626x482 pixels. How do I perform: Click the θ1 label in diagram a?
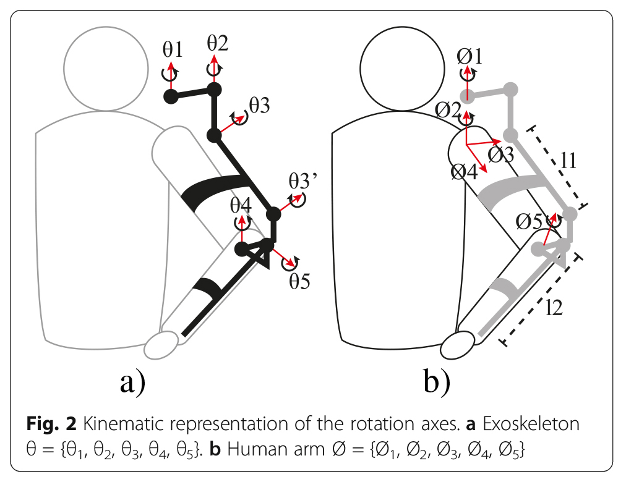[x=173, y=49]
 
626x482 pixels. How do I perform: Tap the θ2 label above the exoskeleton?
[x=217, y=43]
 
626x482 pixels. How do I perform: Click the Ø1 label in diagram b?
[x=469, y=56]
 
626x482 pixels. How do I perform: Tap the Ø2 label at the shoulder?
[x=448, y=109]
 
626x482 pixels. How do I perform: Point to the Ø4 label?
[x=464, y=171]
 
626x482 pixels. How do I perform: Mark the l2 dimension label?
[x=554, y=307]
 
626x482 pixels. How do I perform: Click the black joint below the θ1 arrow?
[x=171, y=96]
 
